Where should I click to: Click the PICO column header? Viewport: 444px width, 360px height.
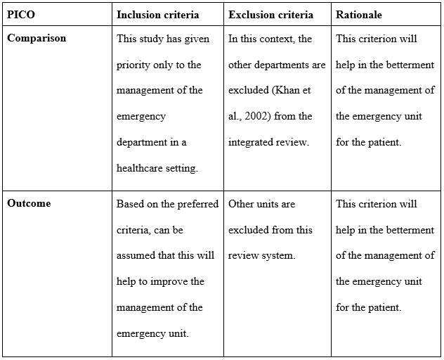coord(20,15)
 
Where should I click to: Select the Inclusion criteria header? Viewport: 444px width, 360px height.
coord(157,15)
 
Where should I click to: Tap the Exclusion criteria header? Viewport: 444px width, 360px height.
coord(270,15)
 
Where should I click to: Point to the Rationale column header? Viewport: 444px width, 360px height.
coord(359,15)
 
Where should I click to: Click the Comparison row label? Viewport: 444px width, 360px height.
coord(37,38)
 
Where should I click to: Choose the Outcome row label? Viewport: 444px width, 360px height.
coord(29,203)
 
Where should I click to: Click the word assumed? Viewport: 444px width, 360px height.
coord(136,255)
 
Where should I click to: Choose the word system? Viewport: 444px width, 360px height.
coord(280,255)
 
